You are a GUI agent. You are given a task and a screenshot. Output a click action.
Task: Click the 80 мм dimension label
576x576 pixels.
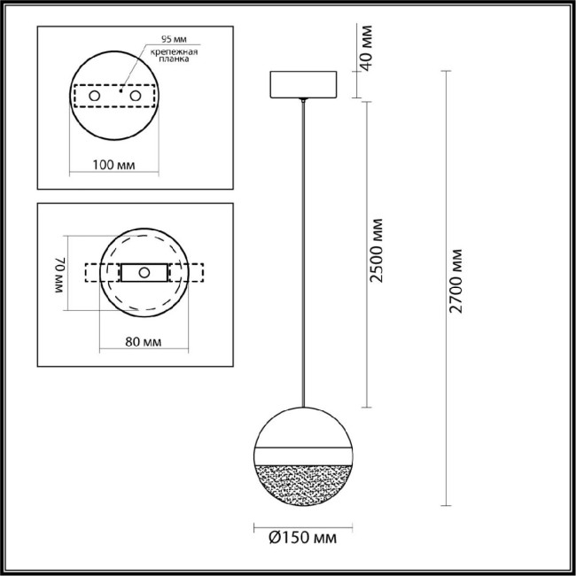(x=144, y=340)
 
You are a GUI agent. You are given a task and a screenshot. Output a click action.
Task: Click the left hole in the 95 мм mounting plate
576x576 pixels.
(x=94, y=94)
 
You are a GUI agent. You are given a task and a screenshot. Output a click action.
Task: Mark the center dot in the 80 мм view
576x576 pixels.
(x=143, y=272)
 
